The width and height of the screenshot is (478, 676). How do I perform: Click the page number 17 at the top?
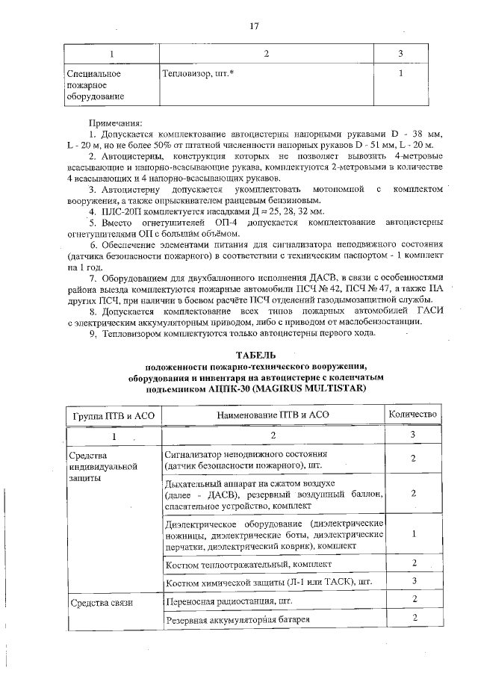(x=253, y=26)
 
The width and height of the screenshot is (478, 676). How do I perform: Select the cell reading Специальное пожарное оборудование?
(x=93, y=85)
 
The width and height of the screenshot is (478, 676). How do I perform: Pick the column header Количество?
(x=413, y=414)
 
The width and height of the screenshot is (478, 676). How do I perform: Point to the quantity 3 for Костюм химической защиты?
(x=413, y=580)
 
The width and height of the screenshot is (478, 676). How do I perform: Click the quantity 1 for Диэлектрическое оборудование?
(x=413, y=534)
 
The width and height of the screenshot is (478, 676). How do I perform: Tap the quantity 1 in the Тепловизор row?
(x=401, y=75)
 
